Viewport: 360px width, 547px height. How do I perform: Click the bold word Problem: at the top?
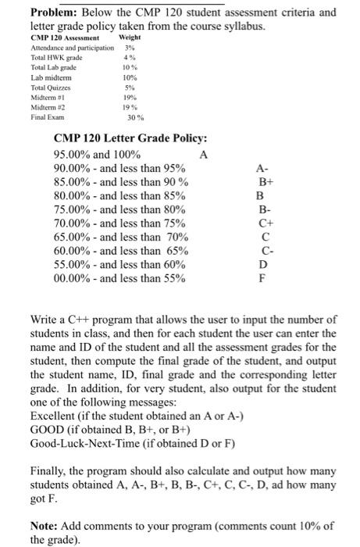[x=31, y=13]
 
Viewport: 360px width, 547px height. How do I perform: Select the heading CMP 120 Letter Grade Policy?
[x=130, y=138]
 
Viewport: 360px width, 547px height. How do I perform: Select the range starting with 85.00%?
[x=120, y=182]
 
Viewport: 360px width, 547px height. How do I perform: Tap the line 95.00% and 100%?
[x=97, y=154]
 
